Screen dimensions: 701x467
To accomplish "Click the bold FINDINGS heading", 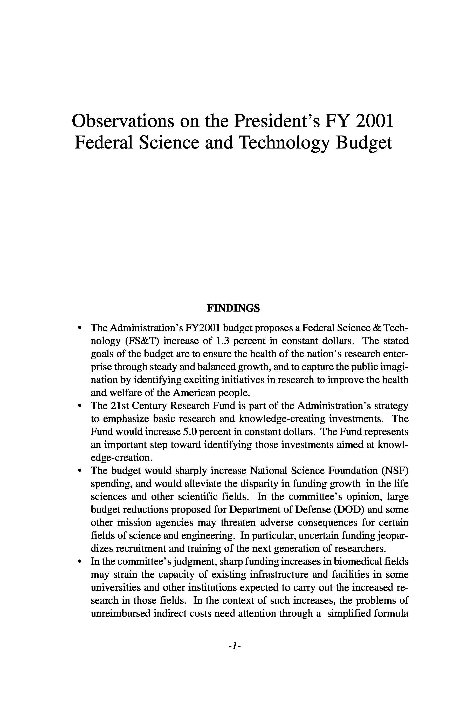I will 233,308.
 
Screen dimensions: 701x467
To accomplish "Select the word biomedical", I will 358,562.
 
